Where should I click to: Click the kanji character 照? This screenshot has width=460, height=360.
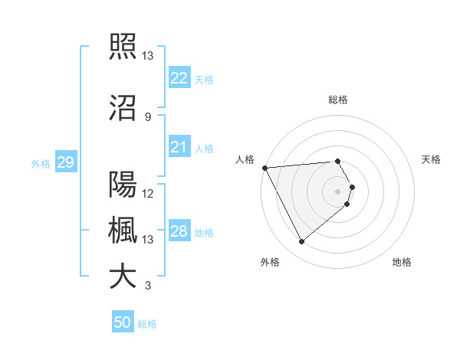(x=123, y=47)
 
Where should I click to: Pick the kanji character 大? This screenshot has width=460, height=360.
(x=123, y=277)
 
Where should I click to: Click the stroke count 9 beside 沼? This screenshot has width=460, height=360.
(x=148, y=116)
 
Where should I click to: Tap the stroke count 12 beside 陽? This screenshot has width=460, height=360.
(x=149, y=193)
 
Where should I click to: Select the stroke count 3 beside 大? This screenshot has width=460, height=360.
(x=148, y=286)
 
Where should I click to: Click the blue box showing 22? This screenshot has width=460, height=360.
(x=179, y=77)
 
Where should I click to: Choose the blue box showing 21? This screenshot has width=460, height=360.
(x=179, y=146)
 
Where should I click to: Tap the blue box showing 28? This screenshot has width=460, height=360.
(x=179, y=231)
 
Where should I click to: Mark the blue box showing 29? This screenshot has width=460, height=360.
(x=65, y=162)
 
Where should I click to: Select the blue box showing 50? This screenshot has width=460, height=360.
(x=123, y=322)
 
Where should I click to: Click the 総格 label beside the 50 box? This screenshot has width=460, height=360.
(x=147, y=324)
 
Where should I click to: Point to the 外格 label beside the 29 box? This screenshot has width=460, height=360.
(x=41, y=163)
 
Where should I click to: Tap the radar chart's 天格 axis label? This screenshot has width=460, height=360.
(x=432, y=159)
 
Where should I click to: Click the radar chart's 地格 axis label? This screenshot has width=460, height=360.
(x=402, y=262)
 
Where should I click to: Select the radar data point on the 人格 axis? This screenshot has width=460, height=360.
(x=264, y=168)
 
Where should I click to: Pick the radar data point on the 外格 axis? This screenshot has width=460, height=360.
(x=301, y=242)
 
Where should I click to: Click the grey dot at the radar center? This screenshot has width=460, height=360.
(x=338, y=191)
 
